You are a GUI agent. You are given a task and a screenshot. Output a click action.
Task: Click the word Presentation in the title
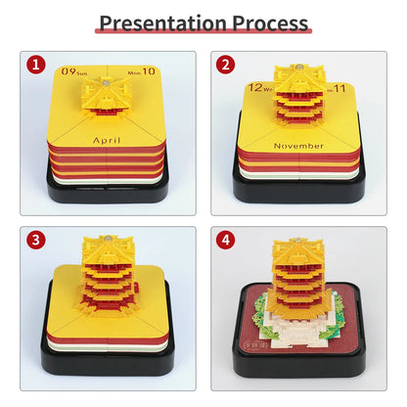point(162,23)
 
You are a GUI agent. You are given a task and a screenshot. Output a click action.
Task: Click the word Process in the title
point(270,23)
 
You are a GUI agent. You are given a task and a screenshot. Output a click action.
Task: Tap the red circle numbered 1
point(35,65)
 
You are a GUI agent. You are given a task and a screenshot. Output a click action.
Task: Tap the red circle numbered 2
point(225,65)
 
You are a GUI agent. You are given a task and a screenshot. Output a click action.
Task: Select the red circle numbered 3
point(35,240)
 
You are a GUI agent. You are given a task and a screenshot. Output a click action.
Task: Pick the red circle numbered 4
point(225,240)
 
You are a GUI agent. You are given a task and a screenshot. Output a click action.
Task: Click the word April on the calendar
point(107,141)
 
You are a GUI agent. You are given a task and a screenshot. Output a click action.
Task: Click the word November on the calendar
point(298,146)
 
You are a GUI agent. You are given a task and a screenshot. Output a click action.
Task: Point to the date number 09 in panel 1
point(68,70)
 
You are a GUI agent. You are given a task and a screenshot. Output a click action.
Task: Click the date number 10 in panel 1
point(149,70)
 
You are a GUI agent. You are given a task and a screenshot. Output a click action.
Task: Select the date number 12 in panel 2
point(255,87)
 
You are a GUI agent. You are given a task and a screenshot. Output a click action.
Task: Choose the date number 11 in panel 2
point(339,88)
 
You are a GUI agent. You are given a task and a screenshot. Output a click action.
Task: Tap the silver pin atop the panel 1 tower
point(106,82)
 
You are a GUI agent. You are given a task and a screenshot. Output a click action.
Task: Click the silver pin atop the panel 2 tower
point(298,68)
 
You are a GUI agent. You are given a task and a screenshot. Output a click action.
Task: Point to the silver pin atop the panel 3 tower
point(109,239)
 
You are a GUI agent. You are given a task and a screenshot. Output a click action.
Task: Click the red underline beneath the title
point(203,31)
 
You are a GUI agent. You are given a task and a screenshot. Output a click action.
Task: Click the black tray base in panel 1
point(108,193)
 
